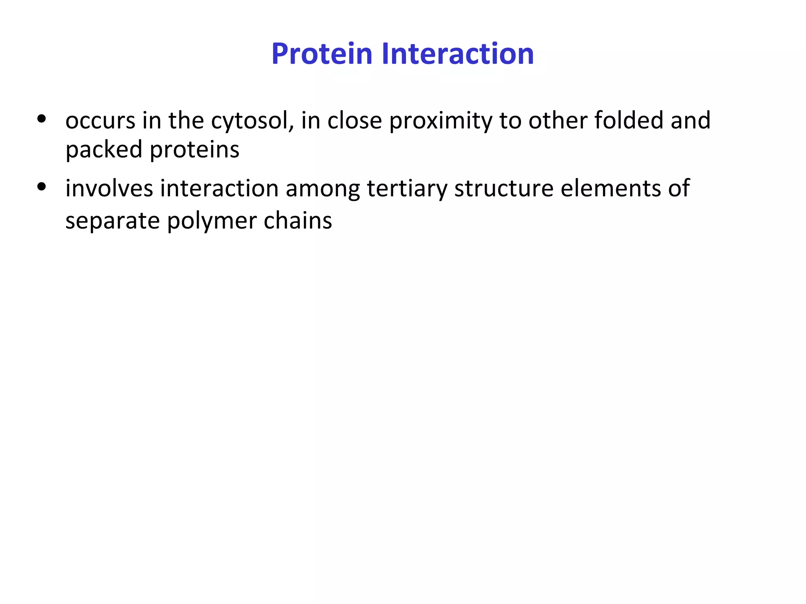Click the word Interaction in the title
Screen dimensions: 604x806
tap(457, 54)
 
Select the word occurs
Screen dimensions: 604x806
tap(100, 121)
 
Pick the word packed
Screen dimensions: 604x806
tap(104, 150)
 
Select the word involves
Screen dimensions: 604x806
tap(109, 188)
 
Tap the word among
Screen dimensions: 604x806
tap(323, 188)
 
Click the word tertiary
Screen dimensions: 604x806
tap(407, 188)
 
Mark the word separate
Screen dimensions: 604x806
tap(112, 221)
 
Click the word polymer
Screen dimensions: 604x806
tap(211, 221)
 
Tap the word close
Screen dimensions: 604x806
tap(355, 121)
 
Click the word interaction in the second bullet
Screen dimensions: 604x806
tap(219, 188)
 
